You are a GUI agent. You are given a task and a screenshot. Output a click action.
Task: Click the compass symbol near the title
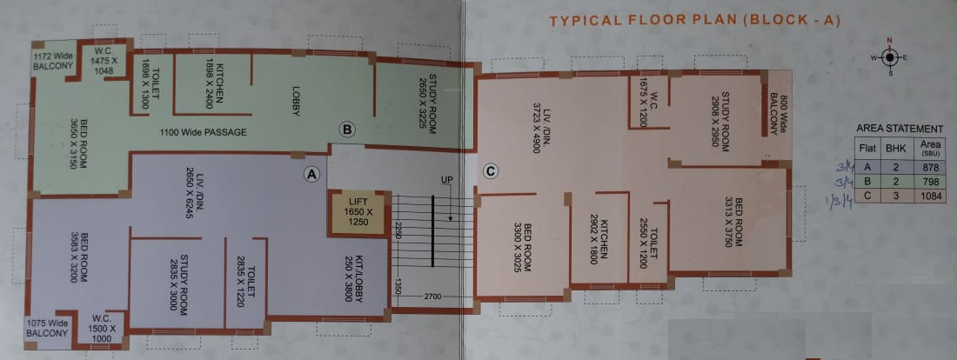pos(889,57)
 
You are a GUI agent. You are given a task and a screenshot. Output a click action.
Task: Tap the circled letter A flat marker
pos(310,173)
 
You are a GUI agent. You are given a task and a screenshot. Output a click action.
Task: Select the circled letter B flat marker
pos(347,130)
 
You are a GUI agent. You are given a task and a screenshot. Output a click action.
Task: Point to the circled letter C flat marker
pos(491,171)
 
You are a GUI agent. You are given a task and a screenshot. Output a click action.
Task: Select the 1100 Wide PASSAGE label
pos(203,133)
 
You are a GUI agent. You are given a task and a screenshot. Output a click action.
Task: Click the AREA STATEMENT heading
pos(900,129)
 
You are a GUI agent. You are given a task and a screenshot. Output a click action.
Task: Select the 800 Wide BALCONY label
pos(777,116)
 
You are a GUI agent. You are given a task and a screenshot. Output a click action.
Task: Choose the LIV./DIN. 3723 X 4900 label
pos(531,127)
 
